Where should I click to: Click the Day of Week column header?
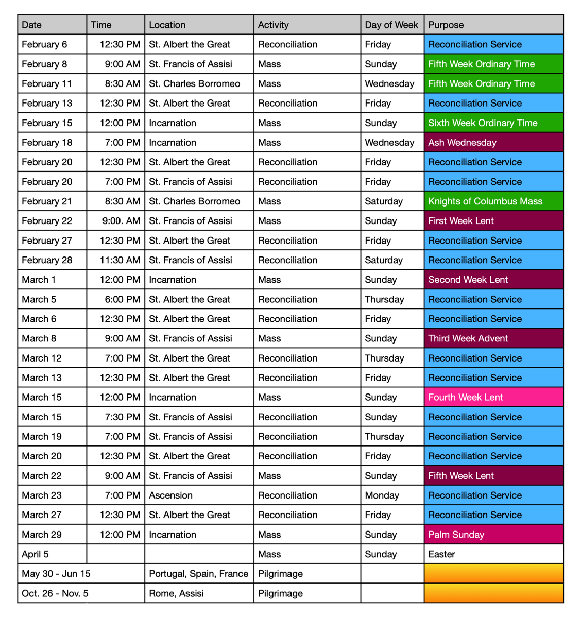click(391, 25)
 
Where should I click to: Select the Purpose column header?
click(493, 25)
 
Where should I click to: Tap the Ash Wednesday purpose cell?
click(493, 143)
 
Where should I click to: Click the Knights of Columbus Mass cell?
click(493, 201)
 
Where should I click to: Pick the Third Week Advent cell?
click(493, 338)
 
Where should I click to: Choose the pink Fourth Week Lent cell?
click(493, 397)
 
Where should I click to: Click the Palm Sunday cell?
click(493, 535)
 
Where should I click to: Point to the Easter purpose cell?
click(493, 554)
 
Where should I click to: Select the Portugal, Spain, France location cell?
click(199, 574)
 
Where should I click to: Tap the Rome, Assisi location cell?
click(199, 593)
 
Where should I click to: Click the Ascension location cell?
click(199, 495)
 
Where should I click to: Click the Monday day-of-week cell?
click(391, 495)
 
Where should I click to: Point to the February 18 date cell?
click(52, 143)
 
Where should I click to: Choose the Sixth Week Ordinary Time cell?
click(493, 123)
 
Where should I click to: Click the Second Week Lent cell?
click(493, 280)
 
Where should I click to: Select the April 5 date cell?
click(52, 554)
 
